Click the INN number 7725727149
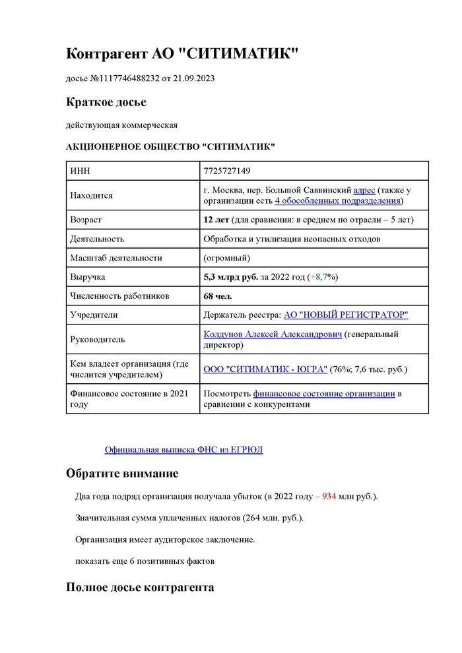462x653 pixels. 227,171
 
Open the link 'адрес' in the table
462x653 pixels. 364,189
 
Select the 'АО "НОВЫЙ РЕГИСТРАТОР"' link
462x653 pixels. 345,315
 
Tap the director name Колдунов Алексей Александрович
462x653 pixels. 273,334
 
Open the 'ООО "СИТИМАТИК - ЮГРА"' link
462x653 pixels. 265,369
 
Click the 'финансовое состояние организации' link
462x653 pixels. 324,394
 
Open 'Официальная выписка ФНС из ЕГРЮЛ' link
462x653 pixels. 183,450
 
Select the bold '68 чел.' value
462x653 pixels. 218,296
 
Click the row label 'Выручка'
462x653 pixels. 87,277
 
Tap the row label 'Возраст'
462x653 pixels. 86,220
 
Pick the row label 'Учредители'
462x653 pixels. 94,315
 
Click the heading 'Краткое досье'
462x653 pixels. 106,102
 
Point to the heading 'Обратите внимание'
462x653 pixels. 122,474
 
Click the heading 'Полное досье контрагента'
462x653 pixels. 140,587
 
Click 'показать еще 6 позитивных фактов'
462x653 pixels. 145,561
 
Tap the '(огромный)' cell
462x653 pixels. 227,258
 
